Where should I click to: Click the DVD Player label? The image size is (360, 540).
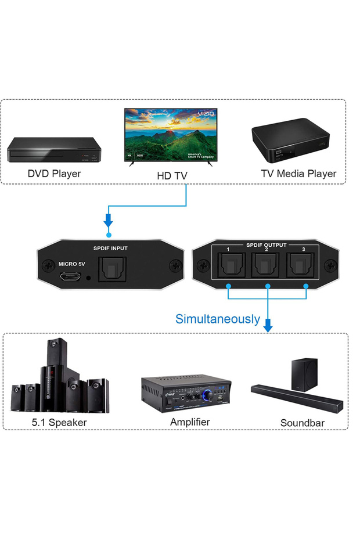coord(54,173)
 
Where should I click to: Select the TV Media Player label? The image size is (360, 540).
coord(298,173)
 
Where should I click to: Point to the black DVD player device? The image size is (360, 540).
coord(52,150)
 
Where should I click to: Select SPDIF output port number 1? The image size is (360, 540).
coord(228,267)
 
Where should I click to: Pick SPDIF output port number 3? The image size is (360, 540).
coord(304,267)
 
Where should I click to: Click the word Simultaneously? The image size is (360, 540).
coord(218,319)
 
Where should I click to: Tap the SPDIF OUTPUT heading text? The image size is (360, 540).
coord(266,245)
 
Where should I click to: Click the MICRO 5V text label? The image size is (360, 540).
coord(72,264)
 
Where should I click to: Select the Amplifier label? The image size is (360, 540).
coord(190,422)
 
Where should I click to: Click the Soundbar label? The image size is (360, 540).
coord(302,423)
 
